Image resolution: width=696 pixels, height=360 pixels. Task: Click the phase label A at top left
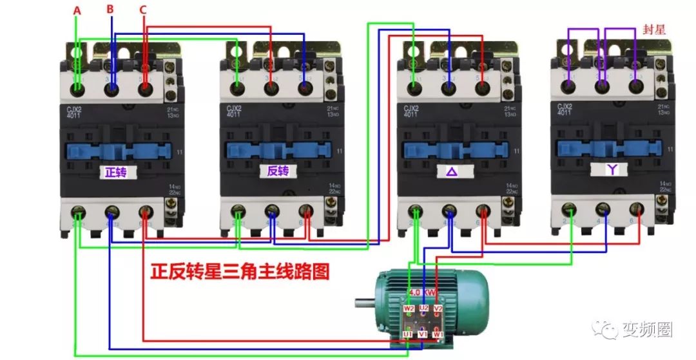77,11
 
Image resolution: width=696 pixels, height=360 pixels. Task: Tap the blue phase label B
110,9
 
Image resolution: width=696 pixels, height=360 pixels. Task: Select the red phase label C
142,10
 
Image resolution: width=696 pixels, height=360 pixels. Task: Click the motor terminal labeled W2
409,308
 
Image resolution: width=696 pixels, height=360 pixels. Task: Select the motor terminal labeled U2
423,308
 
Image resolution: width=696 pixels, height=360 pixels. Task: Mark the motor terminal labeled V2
438,308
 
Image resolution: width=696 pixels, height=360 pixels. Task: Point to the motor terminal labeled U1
408,335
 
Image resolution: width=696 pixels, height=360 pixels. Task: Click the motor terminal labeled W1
438,335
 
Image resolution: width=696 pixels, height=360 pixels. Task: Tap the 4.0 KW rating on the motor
423,292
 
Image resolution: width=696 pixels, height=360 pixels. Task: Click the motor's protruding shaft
365,302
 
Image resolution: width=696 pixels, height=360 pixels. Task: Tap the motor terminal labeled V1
423,335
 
